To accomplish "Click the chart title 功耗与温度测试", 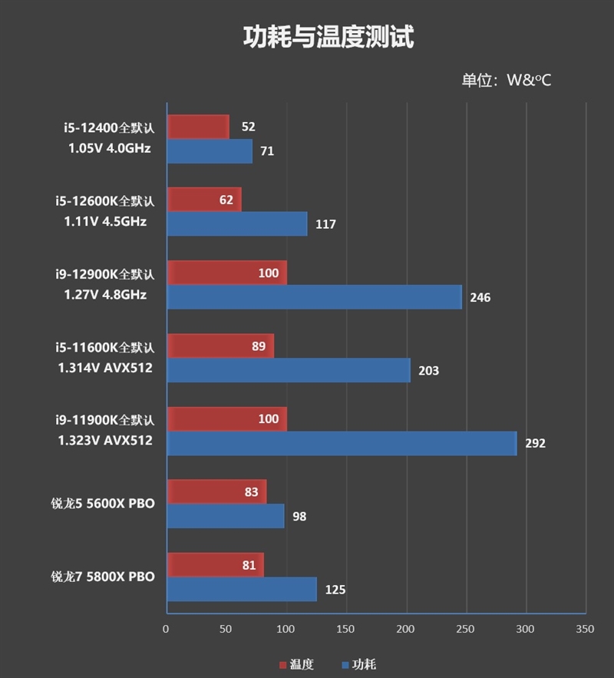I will pos(328,37).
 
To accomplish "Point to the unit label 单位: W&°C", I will pos(506,80).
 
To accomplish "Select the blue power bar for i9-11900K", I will pos(342,443).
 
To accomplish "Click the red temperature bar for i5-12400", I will pos(198,127).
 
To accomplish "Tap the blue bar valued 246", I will pos(315,297).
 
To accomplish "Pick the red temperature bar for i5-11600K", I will pos(220,346).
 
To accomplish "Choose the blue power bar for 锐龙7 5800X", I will pos(242,590).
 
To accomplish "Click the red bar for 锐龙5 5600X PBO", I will pos(216,492).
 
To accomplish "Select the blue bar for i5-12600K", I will pos(237,224).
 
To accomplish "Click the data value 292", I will pos(535,444).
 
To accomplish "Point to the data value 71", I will pos(267,151).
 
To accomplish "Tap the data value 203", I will pos(428,371).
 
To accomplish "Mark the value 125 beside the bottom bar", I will pos(335,590).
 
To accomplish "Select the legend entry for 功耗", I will pos(358,664).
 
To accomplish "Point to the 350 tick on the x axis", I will pos(585,629).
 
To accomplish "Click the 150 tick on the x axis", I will pos(345,629).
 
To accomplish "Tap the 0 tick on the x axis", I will pos(166,629).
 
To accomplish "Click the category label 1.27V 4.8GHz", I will pos(106,295).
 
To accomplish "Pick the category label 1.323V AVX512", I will pos(105,441).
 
